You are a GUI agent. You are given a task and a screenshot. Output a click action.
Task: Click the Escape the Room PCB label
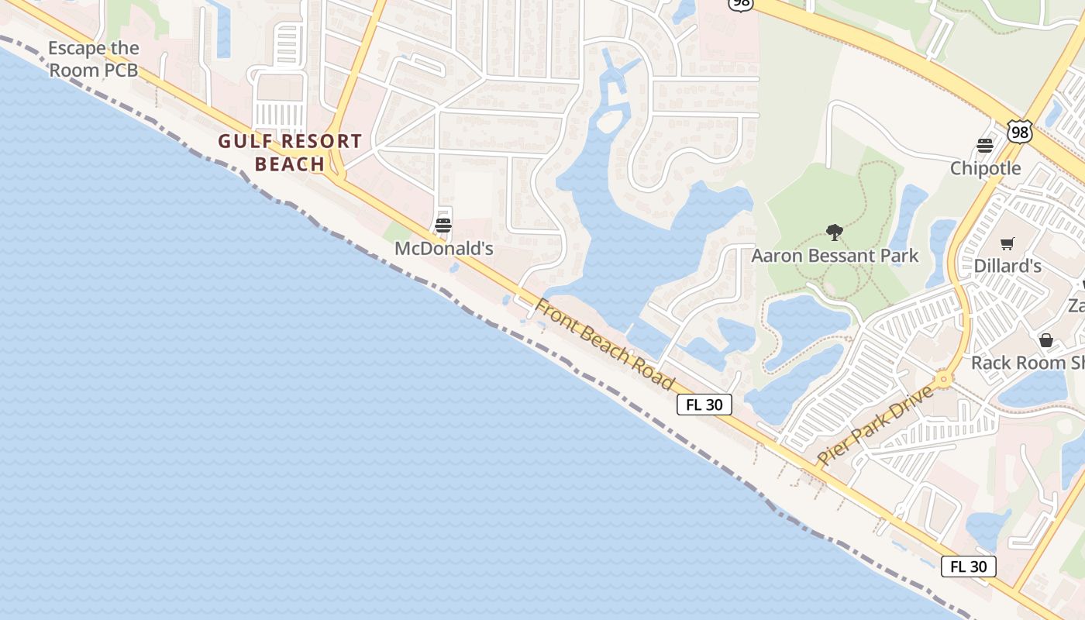(x=93, y=59)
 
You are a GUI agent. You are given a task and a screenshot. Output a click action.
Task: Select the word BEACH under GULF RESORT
(x=290, y=164)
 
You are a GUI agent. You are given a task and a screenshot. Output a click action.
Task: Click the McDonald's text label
(x=443, y=249)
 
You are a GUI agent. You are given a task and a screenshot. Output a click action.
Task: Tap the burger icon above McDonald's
(x=443, y=226)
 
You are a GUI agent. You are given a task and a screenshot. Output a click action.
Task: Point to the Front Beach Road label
(x=604, y=344)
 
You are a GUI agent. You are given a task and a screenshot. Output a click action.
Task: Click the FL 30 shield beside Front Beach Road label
(x=704, y=404)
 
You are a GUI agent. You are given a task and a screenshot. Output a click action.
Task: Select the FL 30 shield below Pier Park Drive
(x=968, y=566)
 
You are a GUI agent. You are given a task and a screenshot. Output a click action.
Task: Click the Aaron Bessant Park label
(x=835, y=256)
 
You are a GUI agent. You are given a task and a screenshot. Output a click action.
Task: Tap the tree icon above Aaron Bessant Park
(x=835, y=232)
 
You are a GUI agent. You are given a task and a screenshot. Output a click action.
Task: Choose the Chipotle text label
(x=986, y=168)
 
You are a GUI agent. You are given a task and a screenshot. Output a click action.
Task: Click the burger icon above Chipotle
(x=985, y=146)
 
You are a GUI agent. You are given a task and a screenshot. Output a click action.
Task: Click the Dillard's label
(x=1007, y=266)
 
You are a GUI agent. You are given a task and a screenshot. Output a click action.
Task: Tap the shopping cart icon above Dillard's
(x=1007, y=244)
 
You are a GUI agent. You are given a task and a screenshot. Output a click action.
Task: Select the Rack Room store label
(x=1027, y=362)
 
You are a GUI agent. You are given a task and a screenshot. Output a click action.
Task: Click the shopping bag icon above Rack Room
(x=1045, y=340)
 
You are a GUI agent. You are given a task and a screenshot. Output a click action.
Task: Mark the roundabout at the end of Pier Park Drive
(x=943, y=380)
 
